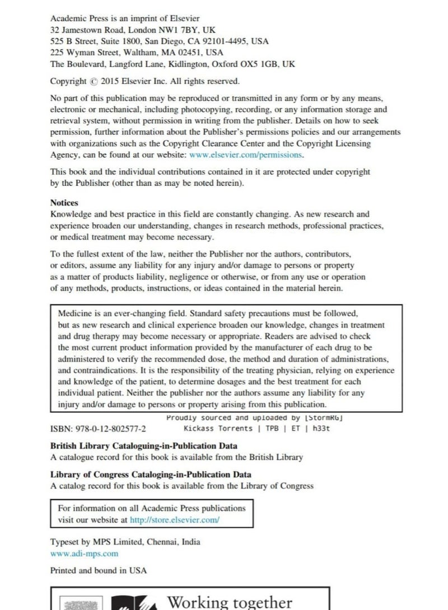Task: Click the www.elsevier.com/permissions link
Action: (246, 155)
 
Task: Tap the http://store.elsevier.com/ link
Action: (175, 519)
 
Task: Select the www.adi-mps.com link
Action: (85, 553)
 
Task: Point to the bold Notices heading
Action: (64, 203)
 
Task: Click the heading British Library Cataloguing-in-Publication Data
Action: (144, 446)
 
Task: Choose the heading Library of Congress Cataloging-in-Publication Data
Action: (151, 475)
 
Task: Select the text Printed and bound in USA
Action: (99, 570)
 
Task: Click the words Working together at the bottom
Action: (230, 602)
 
